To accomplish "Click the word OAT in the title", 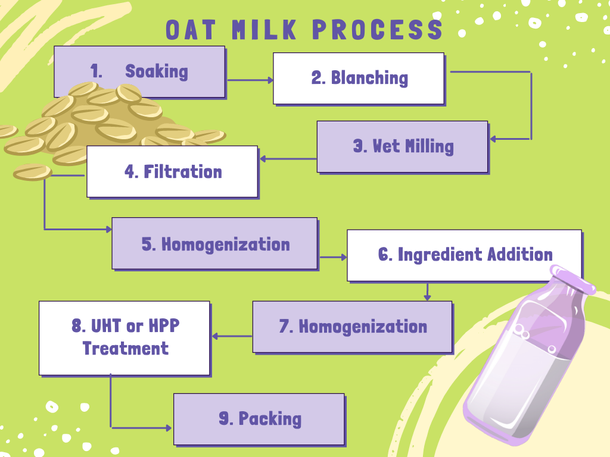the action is [191, 30].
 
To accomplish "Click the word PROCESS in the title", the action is [377, 30].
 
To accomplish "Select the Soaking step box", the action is [139, 71].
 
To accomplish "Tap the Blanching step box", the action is [359, 78].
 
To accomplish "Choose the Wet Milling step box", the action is [402, 146].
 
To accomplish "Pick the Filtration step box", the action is [172, 172].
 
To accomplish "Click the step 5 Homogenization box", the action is [214, 243].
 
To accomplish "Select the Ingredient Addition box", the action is [465, 255].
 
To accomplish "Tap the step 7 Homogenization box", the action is [353, 327].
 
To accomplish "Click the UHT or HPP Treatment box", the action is [125, 338].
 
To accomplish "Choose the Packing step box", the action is [259, 419].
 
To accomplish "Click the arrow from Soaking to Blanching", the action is [250, 80].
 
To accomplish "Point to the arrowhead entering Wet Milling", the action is [493, 139].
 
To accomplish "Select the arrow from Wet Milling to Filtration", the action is [288, 159].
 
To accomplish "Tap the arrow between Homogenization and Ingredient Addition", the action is [333, 257].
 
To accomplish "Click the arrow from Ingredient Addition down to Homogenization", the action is [427, 292].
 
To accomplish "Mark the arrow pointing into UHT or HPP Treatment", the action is [232, 336].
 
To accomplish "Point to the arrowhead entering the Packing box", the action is [169, 428].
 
